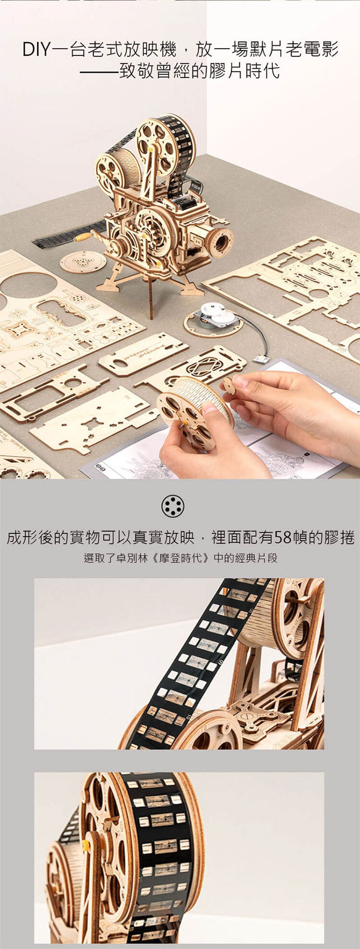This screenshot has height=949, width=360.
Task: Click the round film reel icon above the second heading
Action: coord(173,507)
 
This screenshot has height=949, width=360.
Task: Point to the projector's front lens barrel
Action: coord(220,242)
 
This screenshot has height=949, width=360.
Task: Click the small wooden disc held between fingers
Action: coord(229,386)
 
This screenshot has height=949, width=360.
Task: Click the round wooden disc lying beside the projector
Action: coord(83,262)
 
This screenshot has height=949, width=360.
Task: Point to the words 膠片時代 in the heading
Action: coord(245,71)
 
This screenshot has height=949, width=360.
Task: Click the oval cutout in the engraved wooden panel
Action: coord(120,364)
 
